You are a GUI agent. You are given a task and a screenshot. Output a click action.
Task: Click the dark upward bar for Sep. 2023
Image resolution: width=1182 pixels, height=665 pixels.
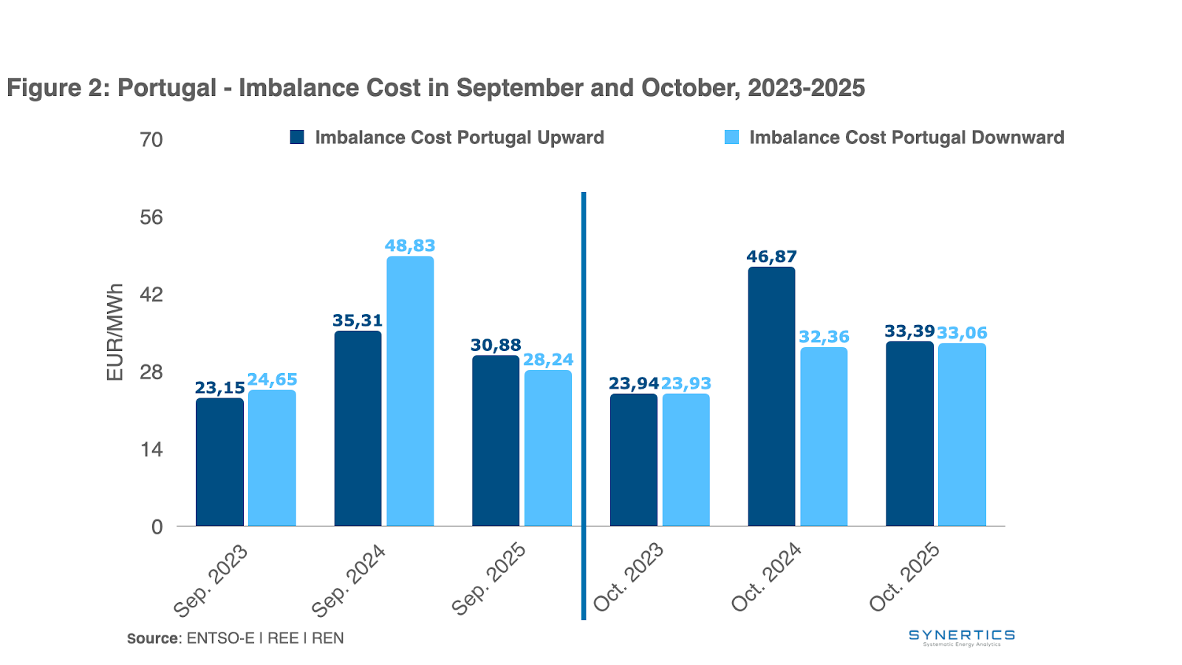pos(219,462)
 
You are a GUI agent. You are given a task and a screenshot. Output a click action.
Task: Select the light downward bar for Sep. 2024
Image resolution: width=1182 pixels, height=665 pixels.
pos(410,392)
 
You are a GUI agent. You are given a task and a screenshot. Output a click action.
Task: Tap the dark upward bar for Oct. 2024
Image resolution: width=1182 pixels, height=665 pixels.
pos(771,397)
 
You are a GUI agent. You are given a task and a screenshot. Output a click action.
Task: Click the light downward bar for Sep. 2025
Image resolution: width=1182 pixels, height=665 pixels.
pos(548,448)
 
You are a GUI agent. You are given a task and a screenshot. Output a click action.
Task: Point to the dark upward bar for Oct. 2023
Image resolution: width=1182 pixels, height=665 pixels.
pos(633,460)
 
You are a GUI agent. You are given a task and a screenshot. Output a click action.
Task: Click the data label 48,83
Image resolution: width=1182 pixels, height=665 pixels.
pos(410,246)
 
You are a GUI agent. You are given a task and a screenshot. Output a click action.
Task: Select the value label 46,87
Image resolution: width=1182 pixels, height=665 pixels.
pos(771,257)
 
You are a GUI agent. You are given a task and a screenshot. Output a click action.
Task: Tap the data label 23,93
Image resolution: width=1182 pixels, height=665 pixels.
pos(686,383)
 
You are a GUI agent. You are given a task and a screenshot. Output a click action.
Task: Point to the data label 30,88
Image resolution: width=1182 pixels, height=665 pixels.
pos(496,345)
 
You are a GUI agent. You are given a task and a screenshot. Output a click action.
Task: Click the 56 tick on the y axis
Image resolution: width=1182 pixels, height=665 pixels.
pos(151,217)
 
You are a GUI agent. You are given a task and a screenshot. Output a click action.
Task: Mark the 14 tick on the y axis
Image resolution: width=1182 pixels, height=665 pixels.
pos(151,449)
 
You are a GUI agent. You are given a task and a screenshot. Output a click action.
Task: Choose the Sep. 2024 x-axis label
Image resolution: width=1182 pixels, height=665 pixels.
pos(349,581)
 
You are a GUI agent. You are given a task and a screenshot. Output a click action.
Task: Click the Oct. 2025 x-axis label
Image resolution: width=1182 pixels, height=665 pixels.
pos(905,578)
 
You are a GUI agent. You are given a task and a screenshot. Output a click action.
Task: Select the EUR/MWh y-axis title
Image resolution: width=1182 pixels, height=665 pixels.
pos(115,332)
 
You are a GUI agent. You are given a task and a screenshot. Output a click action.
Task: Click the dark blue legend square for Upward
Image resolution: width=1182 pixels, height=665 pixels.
pos(297,137)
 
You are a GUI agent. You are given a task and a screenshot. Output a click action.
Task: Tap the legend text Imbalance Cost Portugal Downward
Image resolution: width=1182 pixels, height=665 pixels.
pos(906,137)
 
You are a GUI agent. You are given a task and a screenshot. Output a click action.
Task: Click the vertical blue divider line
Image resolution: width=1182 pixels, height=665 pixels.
pos(584,406)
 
